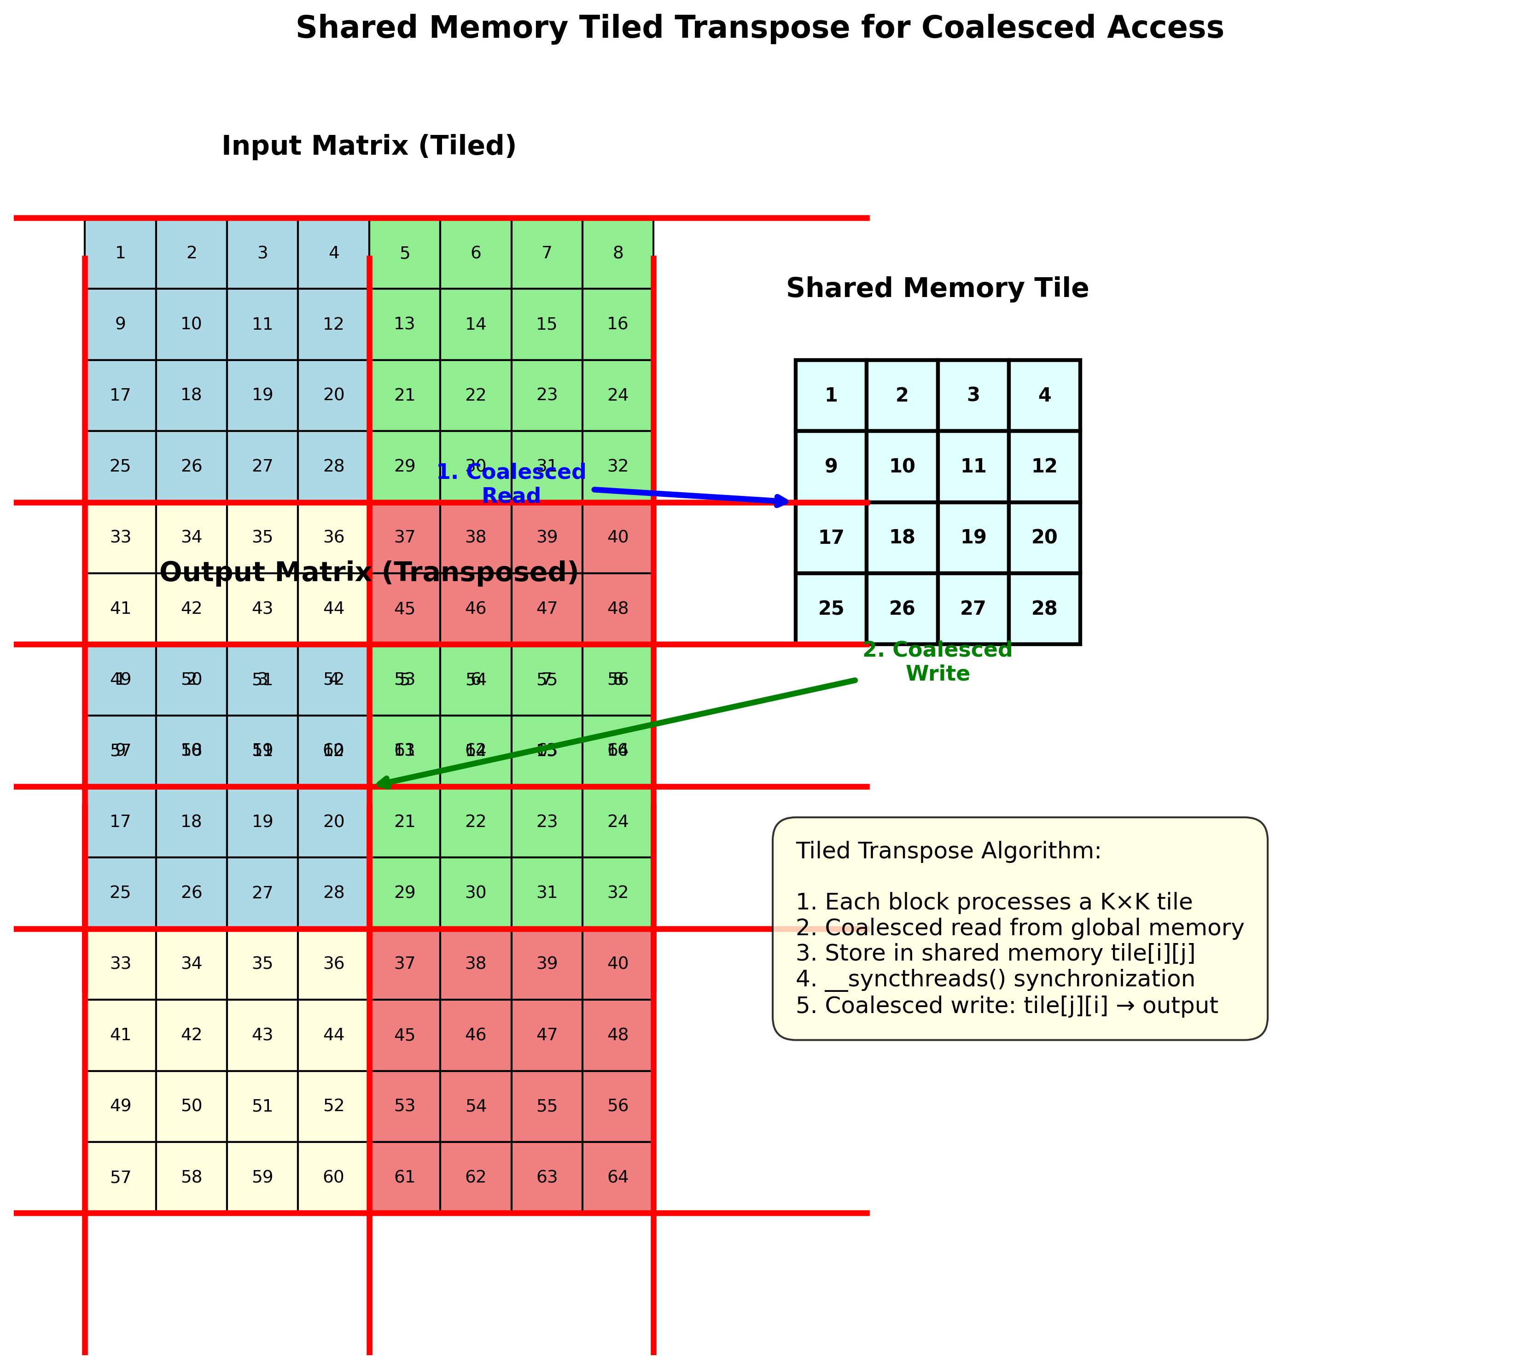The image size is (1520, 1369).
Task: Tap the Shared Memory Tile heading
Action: tap(937, 288)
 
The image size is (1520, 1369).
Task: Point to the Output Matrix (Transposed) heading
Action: tap(368, 572)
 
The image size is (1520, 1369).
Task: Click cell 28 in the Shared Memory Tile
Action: tap(1044, 608)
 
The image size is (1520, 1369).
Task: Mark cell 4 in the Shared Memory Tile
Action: tap(1044, 395)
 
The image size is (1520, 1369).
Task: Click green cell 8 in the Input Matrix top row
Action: tap(617, 253)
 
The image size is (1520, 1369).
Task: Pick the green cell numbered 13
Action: tap(405, 323)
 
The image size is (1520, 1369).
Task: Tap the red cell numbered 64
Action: tap(617, 1177)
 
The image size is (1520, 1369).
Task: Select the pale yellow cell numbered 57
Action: tap(120, 1177)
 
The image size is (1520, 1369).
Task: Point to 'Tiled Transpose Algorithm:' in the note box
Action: tap(948, 851)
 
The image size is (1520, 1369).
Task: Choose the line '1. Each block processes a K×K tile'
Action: tap(993, 902)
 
